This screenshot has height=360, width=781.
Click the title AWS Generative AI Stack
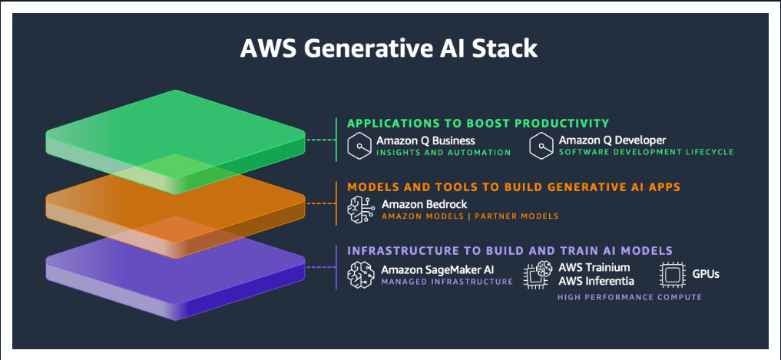tap(389, 49)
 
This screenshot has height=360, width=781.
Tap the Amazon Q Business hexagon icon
tap(359, 146)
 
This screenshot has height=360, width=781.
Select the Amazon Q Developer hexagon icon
tap(541, 146)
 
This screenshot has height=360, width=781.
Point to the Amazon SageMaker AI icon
tap(361, 275)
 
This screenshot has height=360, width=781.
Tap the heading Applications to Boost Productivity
tap(478, 123)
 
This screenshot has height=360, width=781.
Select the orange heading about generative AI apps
tap(514, 187)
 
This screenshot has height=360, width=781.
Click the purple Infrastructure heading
tap(510, 250)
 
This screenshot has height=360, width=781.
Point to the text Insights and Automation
tap(443, 152)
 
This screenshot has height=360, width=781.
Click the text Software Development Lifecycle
tap(646, 151)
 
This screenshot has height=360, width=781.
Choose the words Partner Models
tap(517, 216)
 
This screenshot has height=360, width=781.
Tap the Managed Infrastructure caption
tap(447, 282)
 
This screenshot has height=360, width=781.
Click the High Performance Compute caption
tap(630, 297)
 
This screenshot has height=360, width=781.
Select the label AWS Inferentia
tap(596, 282)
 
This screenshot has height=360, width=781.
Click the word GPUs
tap(706, 274)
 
